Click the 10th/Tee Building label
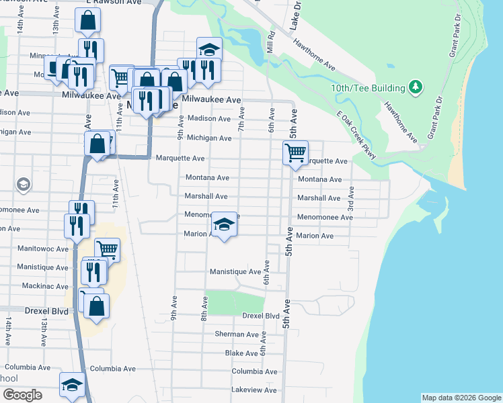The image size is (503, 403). coord(367,88)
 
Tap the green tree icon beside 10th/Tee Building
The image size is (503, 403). coord(416,87)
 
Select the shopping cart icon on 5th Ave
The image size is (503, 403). coord(295,153)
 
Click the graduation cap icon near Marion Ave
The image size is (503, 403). coord(224,224)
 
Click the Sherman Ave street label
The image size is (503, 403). coord(236,334)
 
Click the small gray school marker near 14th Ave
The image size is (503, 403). coord(23,185)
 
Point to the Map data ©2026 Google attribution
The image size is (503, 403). coord(461,398)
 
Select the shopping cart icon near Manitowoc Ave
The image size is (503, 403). coord(107,250)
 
